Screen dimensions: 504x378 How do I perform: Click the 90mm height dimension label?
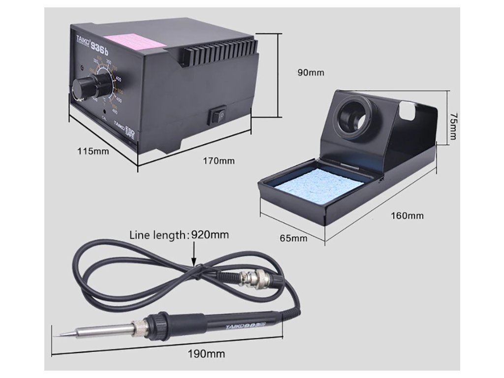311,72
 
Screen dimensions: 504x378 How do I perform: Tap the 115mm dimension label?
93,151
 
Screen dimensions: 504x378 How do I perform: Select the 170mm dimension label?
219,160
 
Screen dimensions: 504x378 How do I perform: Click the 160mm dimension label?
407,215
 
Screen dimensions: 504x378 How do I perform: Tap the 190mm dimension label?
206,353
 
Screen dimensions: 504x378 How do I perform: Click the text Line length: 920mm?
179,235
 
